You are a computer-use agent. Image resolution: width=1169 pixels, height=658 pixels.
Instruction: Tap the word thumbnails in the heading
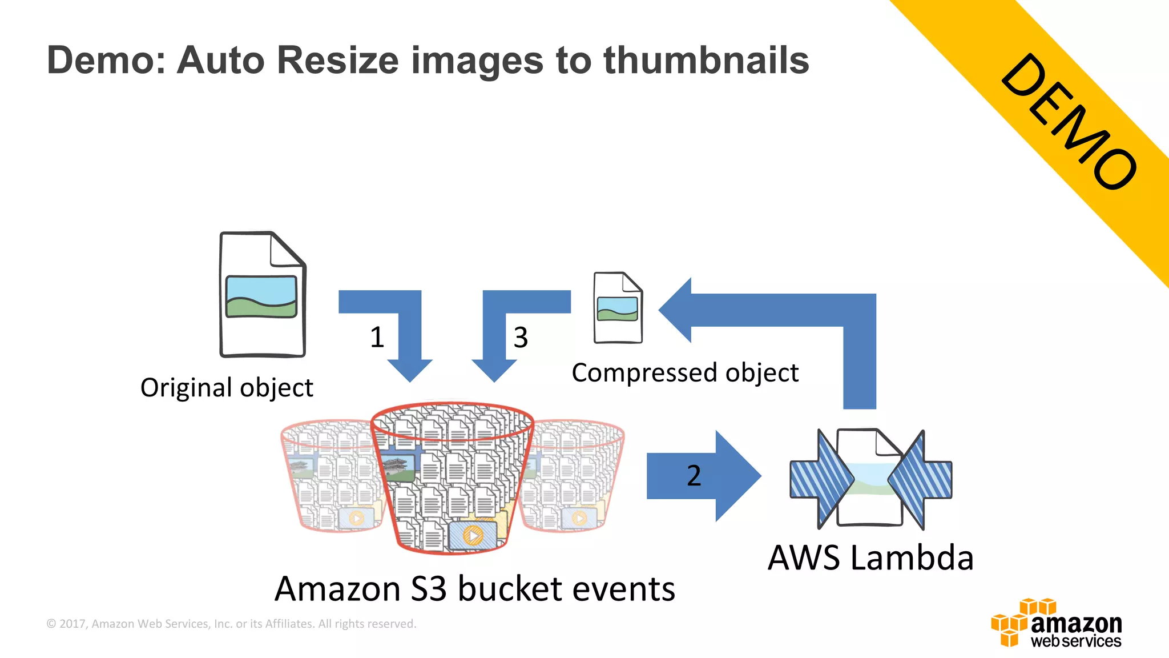tap(706, 60)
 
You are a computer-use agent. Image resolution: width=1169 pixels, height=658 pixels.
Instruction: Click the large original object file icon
tap(263, 295)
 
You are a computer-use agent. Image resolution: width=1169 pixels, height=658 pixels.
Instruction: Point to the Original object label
tap(227, 387)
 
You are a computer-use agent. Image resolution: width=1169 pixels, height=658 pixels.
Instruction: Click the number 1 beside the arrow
tap(377, 337)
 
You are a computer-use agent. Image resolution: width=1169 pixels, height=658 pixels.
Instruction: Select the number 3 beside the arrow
tap(521, 337)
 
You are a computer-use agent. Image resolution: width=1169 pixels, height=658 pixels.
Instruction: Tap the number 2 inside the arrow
tap(694, 475)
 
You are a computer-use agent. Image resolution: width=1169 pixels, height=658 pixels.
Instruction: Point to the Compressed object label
tap(685, 372)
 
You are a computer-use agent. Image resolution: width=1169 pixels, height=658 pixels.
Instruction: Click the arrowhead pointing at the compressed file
tap(677, 310)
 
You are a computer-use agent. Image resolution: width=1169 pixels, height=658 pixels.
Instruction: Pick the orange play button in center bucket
tap(473, 536)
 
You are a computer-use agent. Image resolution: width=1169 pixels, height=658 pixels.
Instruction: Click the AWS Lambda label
tap(870, 557)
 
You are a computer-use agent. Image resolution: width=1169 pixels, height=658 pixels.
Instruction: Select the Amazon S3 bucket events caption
tap(474, 588)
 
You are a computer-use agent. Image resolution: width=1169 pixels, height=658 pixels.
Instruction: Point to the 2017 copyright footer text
tap(231, 624)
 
